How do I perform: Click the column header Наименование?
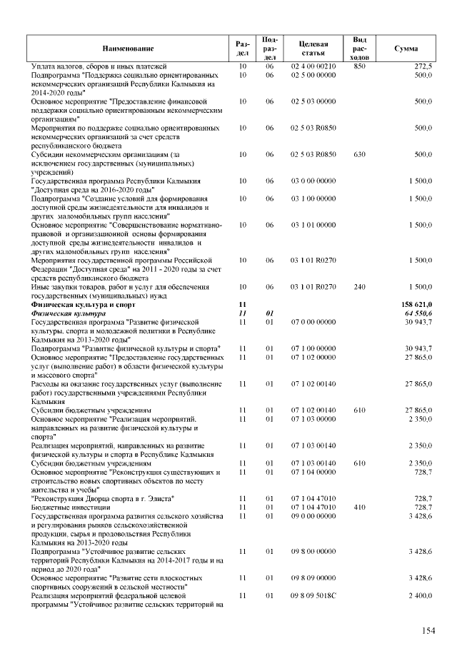128,48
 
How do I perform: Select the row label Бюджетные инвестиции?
69,506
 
